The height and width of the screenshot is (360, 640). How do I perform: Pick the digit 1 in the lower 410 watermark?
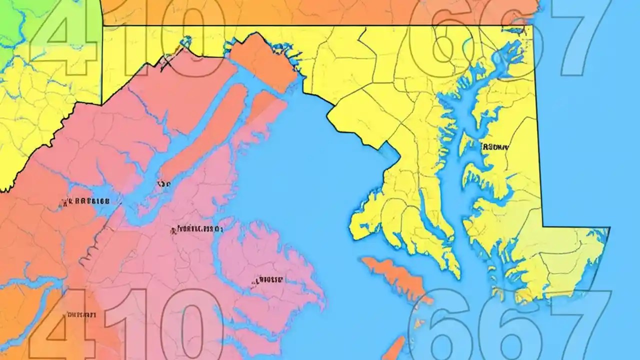pos(122,325)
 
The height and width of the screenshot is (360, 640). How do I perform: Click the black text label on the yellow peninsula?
pos(494,147)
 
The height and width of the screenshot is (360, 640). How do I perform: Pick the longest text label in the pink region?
pos(197,229)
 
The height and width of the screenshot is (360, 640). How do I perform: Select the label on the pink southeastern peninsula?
pos(268,280)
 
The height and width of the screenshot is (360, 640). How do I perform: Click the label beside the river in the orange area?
pos(85,202)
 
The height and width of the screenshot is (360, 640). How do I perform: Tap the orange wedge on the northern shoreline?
pos(262,60)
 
